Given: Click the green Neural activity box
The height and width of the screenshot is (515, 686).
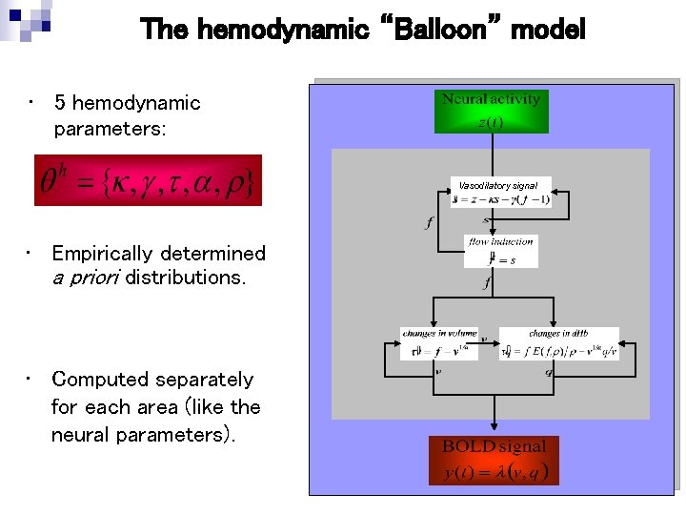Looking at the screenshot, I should tap(491, 111).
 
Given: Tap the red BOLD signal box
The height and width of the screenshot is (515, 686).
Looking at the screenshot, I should tap(494, 460).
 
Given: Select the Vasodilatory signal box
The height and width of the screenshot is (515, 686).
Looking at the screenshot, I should tap(498, 193).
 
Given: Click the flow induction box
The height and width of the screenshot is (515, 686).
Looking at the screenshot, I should tap(500, 251).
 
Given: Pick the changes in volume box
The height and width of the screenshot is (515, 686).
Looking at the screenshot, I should tap(438, 343).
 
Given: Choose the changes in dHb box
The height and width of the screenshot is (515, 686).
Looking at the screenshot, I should tap(558, 343).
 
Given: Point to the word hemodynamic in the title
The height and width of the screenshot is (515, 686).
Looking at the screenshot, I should tap(283, 31).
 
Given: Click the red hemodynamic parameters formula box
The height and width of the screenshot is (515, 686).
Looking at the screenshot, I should tap(148, 180).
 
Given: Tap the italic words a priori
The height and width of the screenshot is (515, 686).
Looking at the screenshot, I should tap(86, 278).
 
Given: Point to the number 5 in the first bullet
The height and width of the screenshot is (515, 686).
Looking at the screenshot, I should tap(60, 103).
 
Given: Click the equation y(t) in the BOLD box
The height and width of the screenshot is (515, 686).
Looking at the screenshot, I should tap(494, 472).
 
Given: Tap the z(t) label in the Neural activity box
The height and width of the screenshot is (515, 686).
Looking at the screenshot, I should tap(491, 121).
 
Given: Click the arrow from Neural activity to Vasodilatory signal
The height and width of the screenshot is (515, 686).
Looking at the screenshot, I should tap(492, 154).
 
